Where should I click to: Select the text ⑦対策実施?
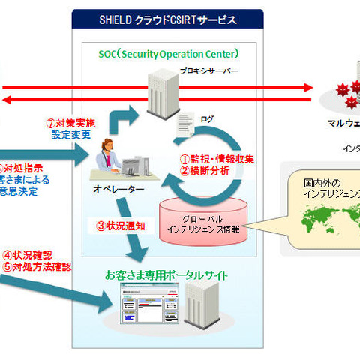point(72,123)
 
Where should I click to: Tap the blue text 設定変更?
point(72,136)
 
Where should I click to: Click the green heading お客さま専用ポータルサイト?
point(167,276)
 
